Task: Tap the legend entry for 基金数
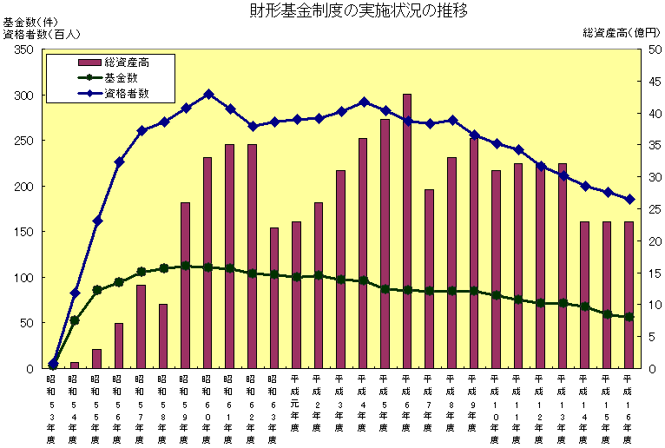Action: point(121,77)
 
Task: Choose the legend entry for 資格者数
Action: point(126,93)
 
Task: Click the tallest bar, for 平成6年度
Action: point(407,231)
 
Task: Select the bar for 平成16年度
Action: point(629,294)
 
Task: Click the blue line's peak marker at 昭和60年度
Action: point(208,94)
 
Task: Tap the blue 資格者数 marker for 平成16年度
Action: point(629,200)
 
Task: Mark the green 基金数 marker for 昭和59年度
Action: point(186,266)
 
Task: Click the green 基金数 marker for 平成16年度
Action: point(629,317)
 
